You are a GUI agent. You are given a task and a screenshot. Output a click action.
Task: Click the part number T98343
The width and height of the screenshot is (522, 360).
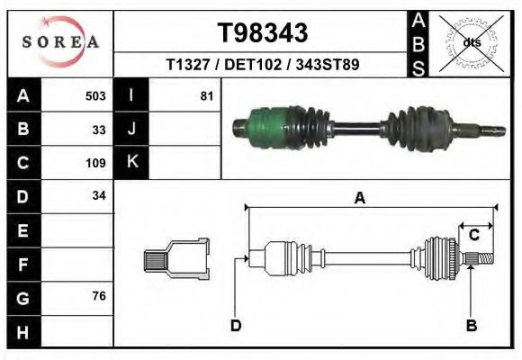pyautogui.click(x=263, y=33)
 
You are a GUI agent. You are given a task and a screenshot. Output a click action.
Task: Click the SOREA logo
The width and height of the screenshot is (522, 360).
pyautogui.click(x=60, y=42)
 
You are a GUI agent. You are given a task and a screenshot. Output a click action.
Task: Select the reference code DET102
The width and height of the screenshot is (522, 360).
pyautogui.click(x=263, y=66)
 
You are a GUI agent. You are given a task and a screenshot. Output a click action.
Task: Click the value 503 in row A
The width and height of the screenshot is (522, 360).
pyautogui.click(x=95, y=95)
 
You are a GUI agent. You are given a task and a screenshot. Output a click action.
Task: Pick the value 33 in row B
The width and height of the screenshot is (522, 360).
pyautogui.click(x=99, y=130)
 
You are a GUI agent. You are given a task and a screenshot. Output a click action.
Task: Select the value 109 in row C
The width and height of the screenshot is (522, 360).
pyautogui.click(x=95, y=163)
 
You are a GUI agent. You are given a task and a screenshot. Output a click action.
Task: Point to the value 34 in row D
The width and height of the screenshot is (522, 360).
pyautogui.click(x=99, y=196)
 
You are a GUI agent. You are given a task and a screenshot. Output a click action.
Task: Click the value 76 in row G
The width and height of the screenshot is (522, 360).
pyautogui.click(x=99, y=297)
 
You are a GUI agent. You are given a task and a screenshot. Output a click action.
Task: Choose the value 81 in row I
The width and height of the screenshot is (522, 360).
pyautogui.click(x=206, y=95)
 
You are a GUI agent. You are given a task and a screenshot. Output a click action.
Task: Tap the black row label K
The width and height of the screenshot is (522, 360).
pyautogui.click(x=131, y=163)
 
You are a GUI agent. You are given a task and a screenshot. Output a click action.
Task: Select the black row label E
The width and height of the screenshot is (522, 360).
pyautogui.click(x=22, y=230)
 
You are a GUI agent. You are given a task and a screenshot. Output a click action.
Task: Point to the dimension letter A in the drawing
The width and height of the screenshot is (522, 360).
pyautogui.click(x=359, y=199)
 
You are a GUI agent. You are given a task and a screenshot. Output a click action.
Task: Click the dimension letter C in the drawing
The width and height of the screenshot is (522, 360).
pyautogui.click(x=473, y=235)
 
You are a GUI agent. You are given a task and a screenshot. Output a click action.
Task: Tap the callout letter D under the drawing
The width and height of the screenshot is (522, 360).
pyautogui.click(x=236, y=325)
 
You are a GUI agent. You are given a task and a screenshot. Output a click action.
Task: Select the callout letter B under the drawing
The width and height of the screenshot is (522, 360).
pyautogui.click(x=470, y=325)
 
